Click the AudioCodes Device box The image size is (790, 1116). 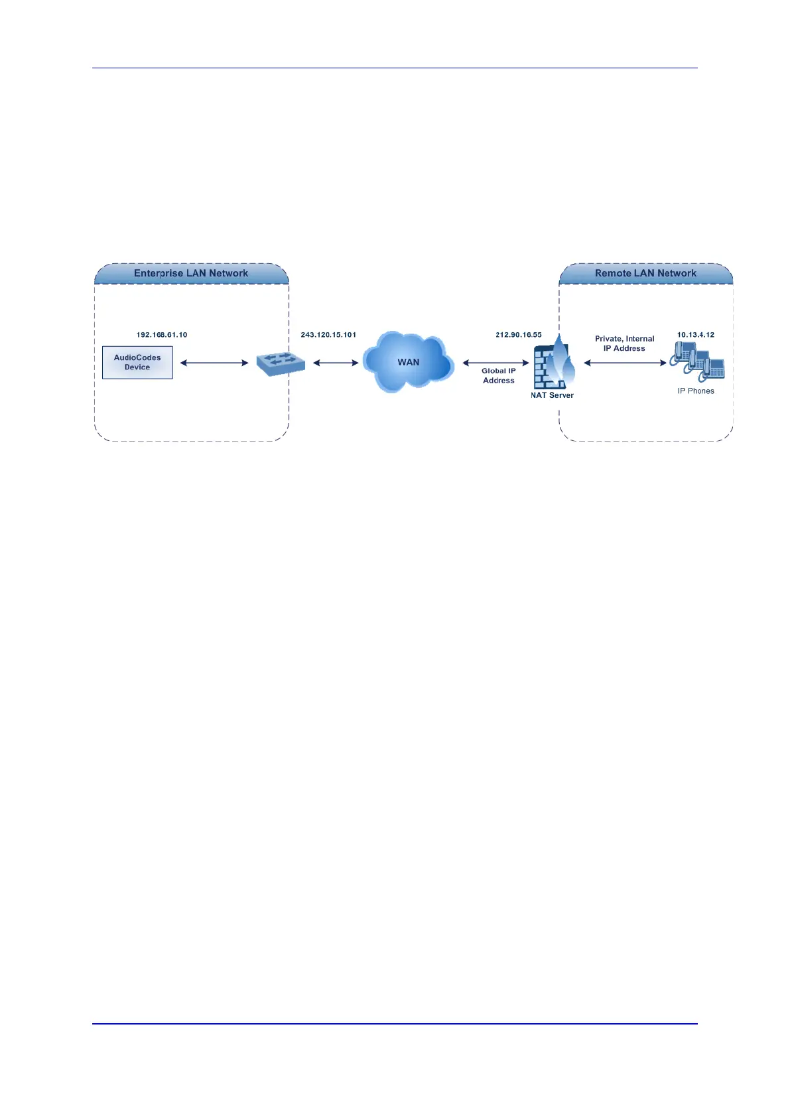tap(137, 362)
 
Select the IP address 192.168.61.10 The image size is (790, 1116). tap(162, 335)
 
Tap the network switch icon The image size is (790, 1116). tap(280, 363)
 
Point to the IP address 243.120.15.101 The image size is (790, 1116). tap(328, 335)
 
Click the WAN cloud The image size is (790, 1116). tap(408, 362)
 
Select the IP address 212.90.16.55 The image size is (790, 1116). tap(519, 335)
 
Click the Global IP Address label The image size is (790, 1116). tap(499, 376)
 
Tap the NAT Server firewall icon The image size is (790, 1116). tap(553, 363)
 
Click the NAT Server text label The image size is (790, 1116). tap(552, 395)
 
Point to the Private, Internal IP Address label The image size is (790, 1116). tap(624, 343)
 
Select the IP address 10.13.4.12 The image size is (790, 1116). tap(696, 335)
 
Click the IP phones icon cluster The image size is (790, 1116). tap(698, 361)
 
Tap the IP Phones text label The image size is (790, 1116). tap(696, 391)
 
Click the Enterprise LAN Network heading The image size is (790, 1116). tap(191, 273)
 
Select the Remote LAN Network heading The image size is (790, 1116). tap(645, 273)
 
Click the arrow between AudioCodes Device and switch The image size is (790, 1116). tap(214, 363)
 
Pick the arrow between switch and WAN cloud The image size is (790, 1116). tap(336, 363)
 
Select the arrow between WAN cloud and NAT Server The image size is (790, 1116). tap(495, 363)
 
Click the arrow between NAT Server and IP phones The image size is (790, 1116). tap(625, 363)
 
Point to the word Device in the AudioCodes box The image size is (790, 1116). tap(137, 367)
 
